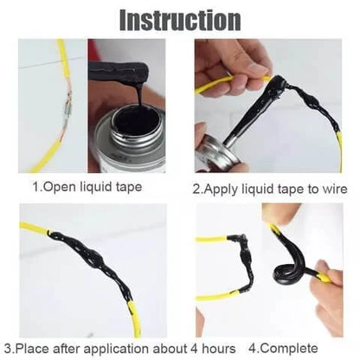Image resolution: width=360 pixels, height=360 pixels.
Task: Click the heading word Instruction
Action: [x=179, y=18]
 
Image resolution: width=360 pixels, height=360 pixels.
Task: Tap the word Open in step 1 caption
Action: [x=61, y=185]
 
